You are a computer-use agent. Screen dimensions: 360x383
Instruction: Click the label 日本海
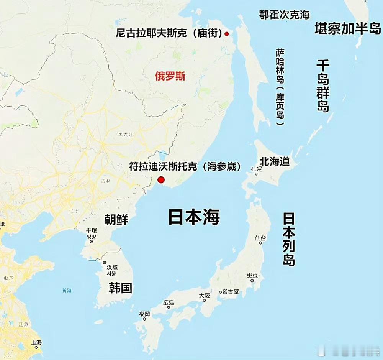pyautogui.click(x=193, y=217)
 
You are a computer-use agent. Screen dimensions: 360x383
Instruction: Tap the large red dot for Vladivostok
pyautogui.click(x=161, y=179)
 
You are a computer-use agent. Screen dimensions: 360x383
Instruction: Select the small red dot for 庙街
pyautogui.click(x=226, y=34)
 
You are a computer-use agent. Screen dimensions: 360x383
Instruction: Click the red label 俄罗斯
pyautogui.click(x=170, y=76)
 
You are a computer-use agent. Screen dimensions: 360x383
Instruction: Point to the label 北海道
pyautogui.click(x=274, y=161)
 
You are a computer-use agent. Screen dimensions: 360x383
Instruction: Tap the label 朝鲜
pyautogui.click(x=116, y=219)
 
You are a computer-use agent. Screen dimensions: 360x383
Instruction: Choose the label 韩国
pyautogui.click(x=120, y=288)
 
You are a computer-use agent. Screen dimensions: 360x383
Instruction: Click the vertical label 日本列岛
pyautogui.click(x=289, y=240)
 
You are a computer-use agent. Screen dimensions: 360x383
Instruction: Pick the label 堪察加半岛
pyautogui.click(x=347, y=28)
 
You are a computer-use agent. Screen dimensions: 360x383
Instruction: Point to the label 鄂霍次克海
pyautogui.click(x=284, y=15)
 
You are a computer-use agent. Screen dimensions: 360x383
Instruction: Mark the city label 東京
pyautogui.click(x=252, y=276)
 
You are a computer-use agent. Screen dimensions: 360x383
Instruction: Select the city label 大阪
pyautogui.click(x=205, y=296)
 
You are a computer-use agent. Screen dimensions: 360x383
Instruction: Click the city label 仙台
pyautogui.click(x=260, y=238)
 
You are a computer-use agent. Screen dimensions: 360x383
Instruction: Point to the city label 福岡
pyautogui.click(x=144, y=314)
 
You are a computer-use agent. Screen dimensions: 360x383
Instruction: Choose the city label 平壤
pyautogui.click(x=91, y=230)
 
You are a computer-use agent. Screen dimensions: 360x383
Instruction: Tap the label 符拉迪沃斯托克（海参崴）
pyautogui.click(x=185, y=166)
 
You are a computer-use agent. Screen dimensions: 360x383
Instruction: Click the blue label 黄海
pyautogui.click(x=67, y=290)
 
